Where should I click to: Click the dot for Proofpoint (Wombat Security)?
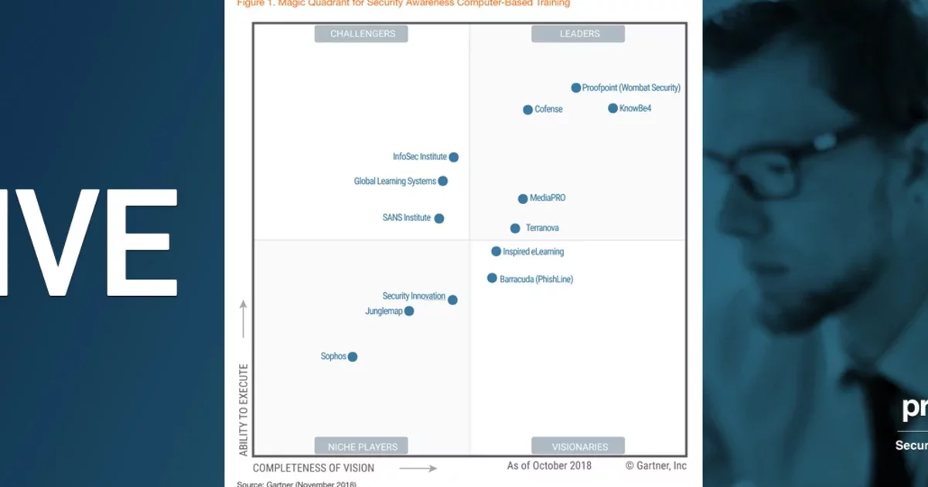pos(576,88)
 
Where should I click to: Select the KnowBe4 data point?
pos(613,108)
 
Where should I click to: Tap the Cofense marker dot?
pos(528,110)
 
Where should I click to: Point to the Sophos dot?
pos(353,356)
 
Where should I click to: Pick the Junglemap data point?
pos(409,311)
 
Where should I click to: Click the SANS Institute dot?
pos(439,218)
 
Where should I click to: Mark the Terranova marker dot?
pos(515,228)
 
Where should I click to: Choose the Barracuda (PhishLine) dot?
pos(492,278)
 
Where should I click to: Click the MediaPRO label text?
pos(548,199)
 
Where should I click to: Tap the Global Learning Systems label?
pos(395,182)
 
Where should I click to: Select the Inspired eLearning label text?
pos(534,252)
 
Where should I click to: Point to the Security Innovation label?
pos(414,296)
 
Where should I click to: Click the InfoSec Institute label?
pos(420,157)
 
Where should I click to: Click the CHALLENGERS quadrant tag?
pos(362,33)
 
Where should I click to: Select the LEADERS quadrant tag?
pos(579,33)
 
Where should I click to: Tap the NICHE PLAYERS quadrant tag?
pos(362,446)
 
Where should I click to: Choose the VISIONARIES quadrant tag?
pos(578,446)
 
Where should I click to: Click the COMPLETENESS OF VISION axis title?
pos(313,468)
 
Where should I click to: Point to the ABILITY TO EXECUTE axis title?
pos(244,409)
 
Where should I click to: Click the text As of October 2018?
pos(549,465)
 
